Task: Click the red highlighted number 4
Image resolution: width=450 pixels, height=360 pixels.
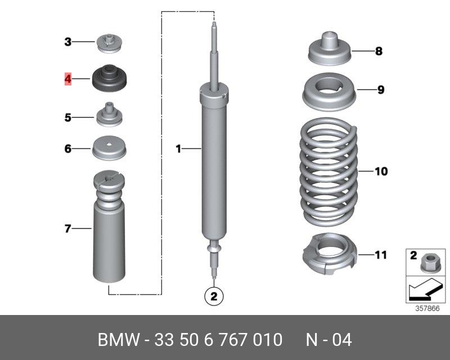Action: (x=67, y=79)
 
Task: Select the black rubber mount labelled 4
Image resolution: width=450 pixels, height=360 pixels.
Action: (x=109, y=78)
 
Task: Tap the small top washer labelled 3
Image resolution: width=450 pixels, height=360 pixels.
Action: (x=109, y=43)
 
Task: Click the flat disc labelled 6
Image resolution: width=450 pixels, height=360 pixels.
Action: (x=109, y=148)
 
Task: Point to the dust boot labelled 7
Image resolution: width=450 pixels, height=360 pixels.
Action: (x=109, y=227)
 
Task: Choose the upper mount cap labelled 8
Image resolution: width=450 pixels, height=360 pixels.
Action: (x=330, y=48)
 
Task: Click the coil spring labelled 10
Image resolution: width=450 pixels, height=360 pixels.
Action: (x=329, y=172)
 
